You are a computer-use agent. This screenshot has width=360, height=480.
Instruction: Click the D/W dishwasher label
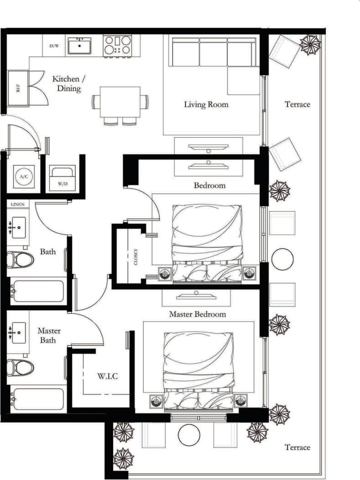[54, 46]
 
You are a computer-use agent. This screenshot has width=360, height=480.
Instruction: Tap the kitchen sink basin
[79, 46]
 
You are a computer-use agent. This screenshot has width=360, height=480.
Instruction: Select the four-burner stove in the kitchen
[117, 45]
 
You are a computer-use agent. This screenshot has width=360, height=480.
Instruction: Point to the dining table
[120, 101]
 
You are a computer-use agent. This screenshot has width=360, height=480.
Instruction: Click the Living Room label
[206, 104]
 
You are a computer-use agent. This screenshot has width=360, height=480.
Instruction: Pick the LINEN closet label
[18, 204]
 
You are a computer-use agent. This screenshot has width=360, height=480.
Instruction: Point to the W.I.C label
[107, 376]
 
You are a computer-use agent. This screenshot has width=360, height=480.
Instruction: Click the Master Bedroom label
[197, 314]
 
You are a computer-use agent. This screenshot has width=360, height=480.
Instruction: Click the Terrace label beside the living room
[297, 104]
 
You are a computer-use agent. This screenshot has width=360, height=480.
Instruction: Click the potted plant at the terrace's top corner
[310, 44]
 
